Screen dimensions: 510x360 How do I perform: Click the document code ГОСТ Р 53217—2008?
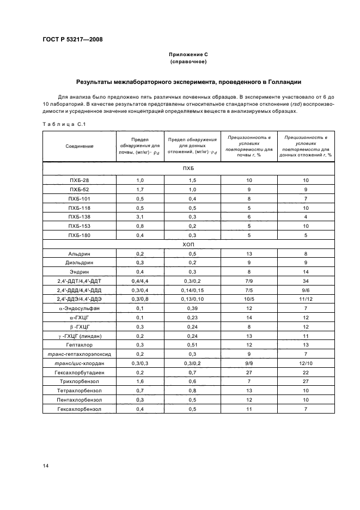[72, 39]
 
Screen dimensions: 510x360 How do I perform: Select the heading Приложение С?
[188, 55]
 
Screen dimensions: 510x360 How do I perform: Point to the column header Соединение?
[80, 147]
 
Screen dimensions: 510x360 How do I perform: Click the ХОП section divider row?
[188, 245]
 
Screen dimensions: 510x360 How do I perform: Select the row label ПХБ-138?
[80, 217]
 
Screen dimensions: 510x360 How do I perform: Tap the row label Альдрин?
[80, 254]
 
